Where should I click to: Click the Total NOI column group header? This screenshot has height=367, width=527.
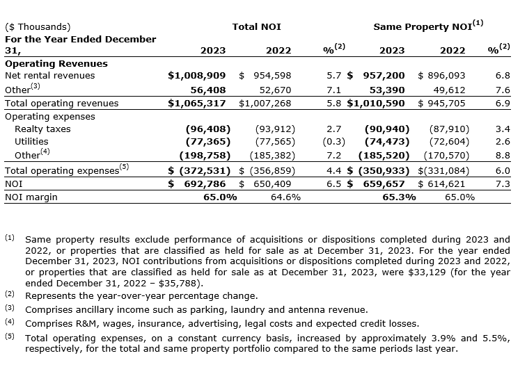(x=257, y=27)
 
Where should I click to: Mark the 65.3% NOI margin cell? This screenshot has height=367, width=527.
(x=399, y=197)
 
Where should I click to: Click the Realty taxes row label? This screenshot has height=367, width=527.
(x=42, y=129)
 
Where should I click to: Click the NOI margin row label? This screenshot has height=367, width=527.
(x=31, y=197)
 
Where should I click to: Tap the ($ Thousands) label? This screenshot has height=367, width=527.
(x=38, y=27)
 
